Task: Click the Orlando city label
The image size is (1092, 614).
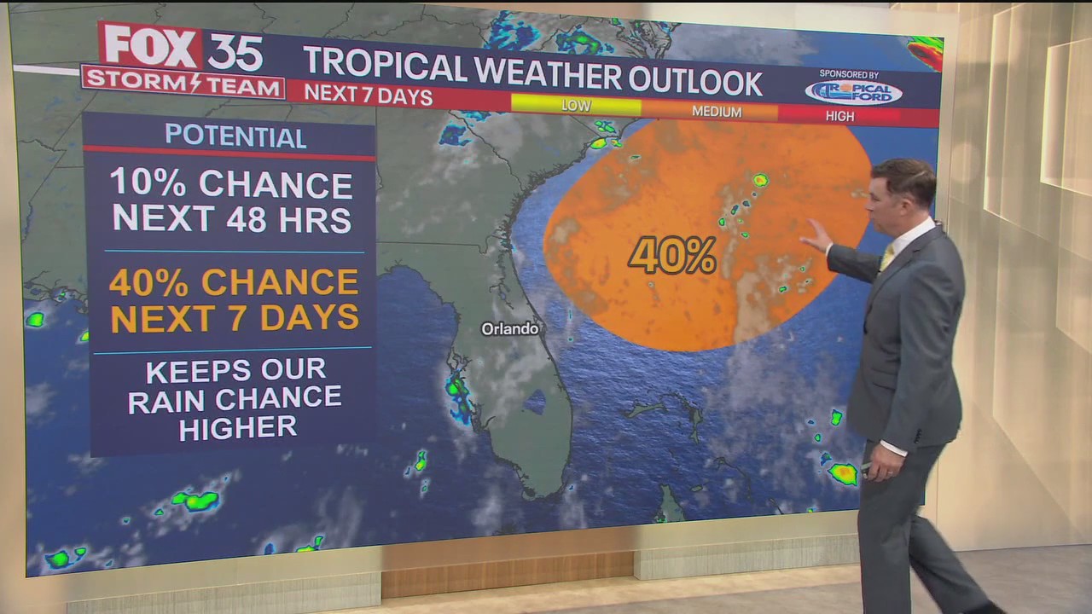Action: point(509,328)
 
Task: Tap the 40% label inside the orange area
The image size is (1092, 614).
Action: point(672,255)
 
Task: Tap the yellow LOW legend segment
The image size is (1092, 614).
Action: point(576,106)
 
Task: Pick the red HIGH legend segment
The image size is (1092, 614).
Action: point(839,116)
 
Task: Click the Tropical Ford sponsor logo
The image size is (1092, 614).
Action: point(853,92)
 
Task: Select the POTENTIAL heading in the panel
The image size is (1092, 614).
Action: point(235,136)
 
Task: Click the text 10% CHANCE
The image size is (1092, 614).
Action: point(231,185)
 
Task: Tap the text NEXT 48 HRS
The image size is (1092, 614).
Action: point(231,219)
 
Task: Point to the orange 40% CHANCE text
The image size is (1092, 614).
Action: point(234,282)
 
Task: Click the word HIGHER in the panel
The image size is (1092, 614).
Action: point(237,426)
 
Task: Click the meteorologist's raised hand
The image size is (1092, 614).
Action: point(815,235)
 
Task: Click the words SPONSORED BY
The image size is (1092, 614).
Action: point(849,74)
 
